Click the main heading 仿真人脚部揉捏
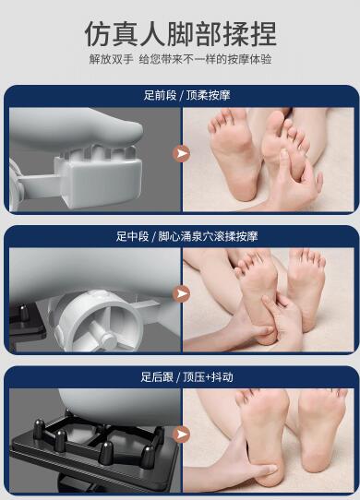180,34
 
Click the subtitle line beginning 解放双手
180,59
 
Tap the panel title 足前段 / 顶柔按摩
186,95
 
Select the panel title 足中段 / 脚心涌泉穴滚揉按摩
186,236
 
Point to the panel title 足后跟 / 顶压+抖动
186,377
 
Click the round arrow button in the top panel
182,154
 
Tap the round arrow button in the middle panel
182,293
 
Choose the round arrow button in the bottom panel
182,435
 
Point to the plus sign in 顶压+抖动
208,377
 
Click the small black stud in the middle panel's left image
23,313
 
